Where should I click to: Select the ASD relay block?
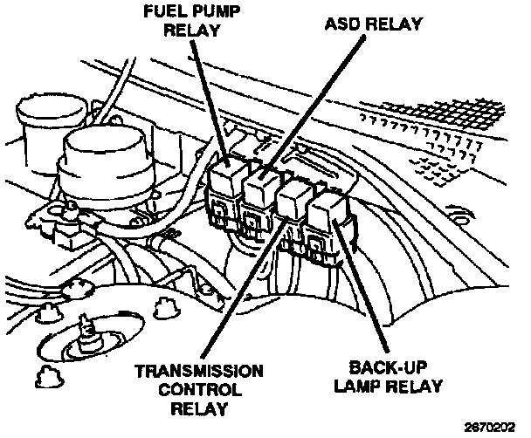259,188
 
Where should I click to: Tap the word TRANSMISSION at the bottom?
193,370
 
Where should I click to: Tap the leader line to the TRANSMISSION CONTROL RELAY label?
245,288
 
